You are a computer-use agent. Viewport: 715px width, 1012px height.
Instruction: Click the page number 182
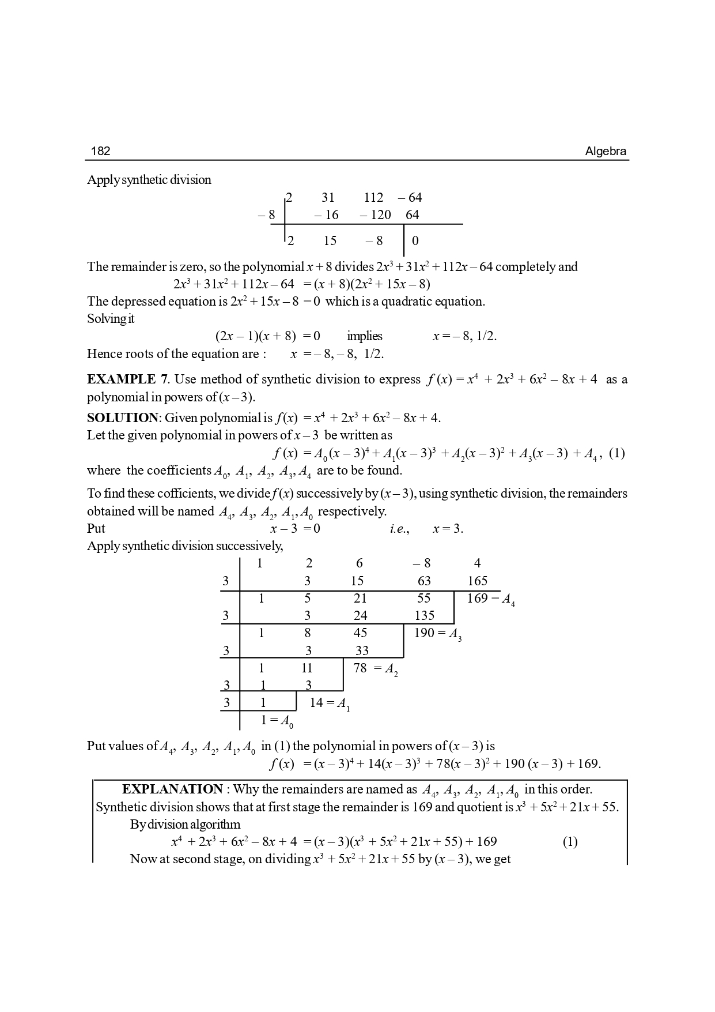point(100,151)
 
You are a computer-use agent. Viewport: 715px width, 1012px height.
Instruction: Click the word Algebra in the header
point(606,151)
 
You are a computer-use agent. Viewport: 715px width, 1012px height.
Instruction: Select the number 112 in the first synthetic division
point(373,198)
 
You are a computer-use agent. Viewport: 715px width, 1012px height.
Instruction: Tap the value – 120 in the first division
point(375,215)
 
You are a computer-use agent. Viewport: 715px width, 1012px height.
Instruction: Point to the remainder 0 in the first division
point(415,241)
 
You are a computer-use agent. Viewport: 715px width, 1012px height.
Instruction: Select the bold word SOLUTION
point(122,417)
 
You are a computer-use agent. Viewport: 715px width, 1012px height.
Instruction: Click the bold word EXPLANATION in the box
point(172,789)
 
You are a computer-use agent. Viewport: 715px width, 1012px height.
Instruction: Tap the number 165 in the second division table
point(478,581)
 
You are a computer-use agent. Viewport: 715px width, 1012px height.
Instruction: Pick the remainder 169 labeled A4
point(477,598)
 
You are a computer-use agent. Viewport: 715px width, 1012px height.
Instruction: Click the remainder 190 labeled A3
point(425,633)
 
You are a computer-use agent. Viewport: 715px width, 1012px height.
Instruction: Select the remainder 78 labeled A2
point(360,668)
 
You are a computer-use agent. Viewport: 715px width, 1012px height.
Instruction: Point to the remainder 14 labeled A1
point(316,702)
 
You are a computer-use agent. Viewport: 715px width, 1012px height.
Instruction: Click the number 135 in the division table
point(425,615)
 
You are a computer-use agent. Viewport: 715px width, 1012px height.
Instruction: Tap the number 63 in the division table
point(424,581)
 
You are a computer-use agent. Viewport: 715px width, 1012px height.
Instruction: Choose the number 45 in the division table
point(360,633)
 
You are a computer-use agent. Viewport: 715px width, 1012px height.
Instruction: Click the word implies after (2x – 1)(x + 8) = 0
point(365,336)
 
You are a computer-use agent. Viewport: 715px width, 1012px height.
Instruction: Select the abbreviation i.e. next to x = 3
point(399,529)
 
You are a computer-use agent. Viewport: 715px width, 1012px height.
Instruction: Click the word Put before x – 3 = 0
point(96,529)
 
